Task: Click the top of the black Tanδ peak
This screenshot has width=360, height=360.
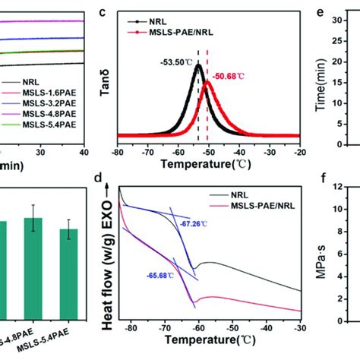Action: (x=198, y=66)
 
